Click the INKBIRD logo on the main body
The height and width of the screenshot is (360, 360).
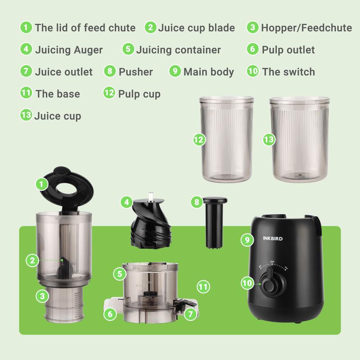[273, 238]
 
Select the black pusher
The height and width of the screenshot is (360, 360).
[215, 222]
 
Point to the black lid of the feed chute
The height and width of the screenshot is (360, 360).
[67, 189]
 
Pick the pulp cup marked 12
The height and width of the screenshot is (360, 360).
[226, 139]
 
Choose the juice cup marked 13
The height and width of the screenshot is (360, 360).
[300, 139]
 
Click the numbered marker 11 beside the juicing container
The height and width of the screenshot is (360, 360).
[203, 287]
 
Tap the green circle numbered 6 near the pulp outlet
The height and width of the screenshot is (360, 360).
[110, 314]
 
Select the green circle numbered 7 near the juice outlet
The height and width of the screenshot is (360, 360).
[190, 314]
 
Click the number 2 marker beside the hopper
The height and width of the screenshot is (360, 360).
[32, 260]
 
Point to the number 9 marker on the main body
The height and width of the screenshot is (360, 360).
[247, 240]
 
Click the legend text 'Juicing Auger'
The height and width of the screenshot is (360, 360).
[69, 50]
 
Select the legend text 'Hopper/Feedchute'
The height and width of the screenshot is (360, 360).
[306, 28]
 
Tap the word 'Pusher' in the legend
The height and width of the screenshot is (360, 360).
[136, 72]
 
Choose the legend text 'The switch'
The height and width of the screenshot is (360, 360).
[288, 72]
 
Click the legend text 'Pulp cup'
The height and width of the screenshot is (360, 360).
[139, 94]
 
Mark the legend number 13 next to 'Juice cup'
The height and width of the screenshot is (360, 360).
[26, 115]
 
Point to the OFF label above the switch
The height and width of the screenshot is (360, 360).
[272, 262]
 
